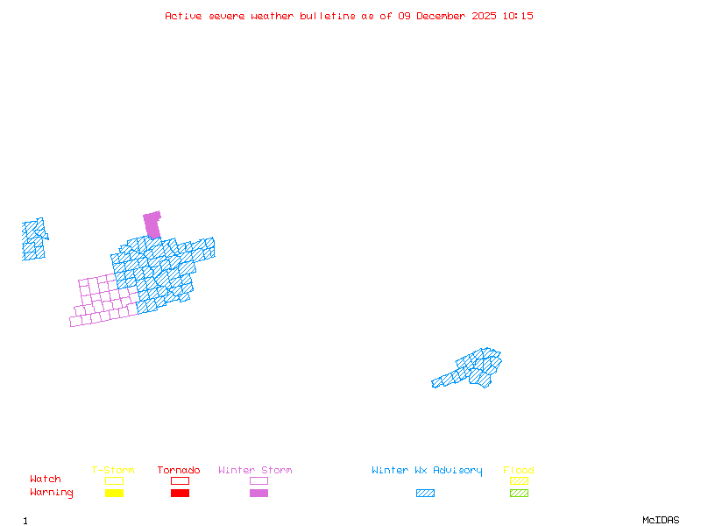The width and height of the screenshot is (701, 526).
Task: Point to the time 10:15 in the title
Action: (518, 16)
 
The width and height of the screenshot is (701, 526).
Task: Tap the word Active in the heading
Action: (181, 16)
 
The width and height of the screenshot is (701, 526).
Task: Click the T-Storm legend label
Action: (113, 471)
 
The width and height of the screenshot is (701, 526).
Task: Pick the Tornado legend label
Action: (179, 471)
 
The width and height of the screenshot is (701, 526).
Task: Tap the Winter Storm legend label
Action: (255, 471)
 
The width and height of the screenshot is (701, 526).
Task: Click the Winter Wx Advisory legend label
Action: (427, 471)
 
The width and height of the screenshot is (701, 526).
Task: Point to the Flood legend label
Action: (519, 471)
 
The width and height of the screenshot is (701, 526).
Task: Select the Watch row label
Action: (46, 480)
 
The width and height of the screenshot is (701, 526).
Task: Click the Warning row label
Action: (52, 493)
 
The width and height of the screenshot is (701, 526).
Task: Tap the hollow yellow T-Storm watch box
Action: (114, 480)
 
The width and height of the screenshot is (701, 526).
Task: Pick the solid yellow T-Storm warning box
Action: (114, 494)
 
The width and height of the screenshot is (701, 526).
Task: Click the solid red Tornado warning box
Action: (180, 494)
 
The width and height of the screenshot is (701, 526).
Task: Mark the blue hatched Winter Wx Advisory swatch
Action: (425, 494)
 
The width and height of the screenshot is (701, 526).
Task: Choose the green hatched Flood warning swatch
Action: (519, 494)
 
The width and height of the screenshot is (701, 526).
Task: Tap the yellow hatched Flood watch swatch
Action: (519, 480)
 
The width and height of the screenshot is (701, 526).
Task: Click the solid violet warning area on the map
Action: (152, 224)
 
